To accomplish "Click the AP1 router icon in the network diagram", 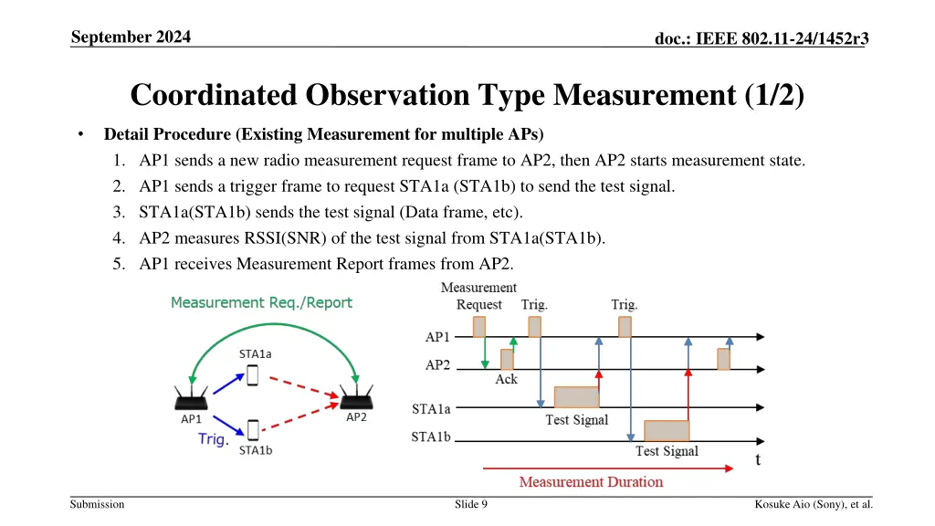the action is click(x=191, y=397).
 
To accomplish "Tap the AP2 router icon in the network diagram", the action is click(x=356, y=396).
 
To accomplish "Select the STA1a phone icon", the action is click(x=253, y=376).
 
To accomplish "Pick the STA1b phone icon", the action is click(x=253, y=430).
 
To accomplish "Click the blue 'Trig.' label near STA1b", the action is click(x=214, y=439).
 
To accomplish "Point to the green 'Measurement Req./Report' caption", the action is click(x=261, y=302).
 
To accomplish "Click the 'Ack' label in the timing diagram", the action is click(x=506, y=379).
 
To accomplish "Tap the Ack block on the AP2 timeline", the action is click(x=507, y=359).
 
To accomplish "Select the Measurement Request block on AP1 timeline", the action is click(x=479, y=326).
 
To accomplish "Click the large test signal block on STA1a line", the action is click(x=576, y=397).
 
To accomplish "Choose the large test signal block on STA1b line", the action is click(x=667, y=430).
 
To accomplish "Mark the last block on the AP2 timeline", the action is click(x=723, y=359).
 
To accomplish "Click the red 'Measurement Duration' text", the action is click(x=591, y=481).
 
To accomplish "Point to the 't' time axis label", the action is click(x=757, y=459).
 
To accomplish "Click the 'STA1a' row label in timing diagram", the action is click(x=431, y=409).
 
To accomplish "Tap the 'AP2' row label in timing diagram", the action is click(x=437, y=365).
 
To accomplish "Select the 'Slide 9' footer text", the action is click(x=471, y=504).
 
